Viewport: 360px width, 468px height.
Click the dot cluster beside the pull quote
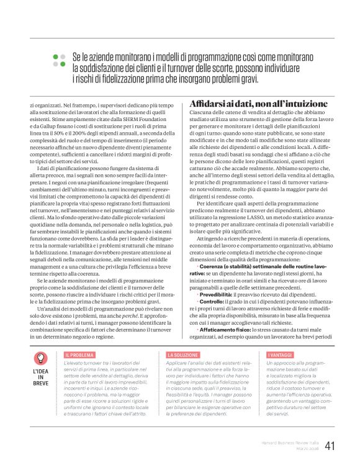tap(59, 60)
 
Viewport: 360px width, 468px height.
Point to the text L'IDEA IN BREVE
tap(40, 377)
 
